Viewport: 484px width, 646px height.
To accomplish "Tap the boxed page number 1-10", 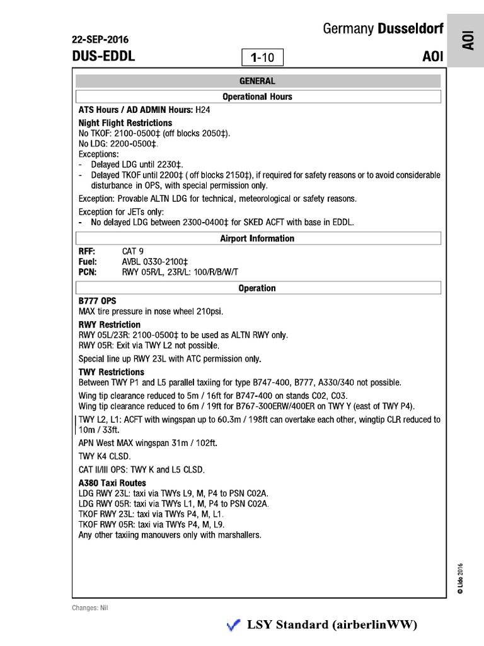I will pyautogui.click(x=262, y=58).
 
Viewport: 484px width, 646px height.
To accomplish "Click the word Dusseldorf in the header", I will pyautogui.click(x=410, y=29).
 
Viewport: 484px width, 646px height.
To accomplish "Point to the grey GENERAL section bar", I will pyautogui.click(x=258, y=81).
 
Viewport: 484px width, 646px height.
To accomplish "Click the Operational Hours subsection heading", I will pyautogui.click(x=258, y=97).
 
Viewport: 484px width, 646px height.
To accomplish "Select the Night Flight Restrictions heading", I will pyautogui.click(x=125, y=122).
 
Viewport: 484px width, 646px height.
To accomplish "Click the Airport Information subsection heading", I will pyautogui.click(x=258, y=238).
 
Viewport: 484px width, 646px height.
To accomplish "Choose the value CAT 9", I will pyautogui.click(x=133, y=251).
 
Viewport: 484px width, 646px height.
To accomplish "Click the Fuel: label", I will pyautogui.click(x=88, y=261).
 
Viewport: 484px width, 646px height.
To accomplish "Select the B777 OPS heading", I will pyautogui.click(x=97, y=301).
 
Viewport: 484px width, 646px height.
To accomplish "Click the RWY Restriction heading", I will pyautogui.click(x=109, y=324).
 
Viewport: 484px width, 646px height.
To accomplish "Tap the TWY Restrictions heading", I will pyautogui.click(x=111, y=372).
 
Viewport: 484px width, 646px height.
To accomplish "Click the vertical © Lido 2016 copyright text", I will pyautogui.click(x=460, y=576).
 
